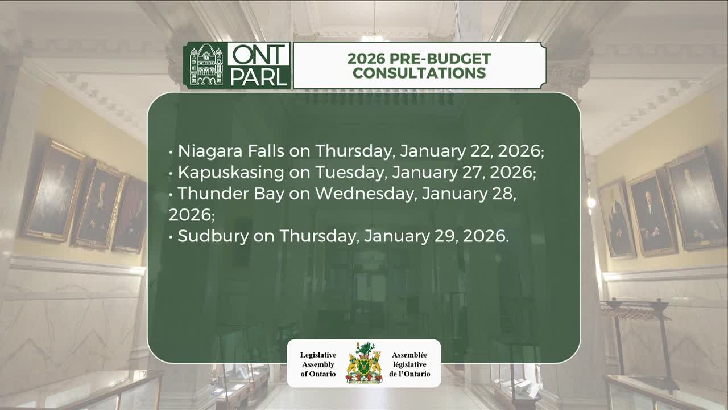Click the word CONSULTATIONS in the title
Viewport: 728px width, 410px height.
419,73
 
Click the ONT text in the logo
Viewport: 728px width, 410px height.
259,55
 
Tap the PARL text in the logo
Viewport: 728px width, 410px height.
259,76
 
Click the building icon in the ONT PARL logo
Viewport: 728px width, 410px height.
206,65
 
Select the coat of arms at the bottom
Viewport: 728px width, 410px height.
364,363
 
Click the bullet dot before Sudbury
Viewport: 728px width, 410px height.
171,237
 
